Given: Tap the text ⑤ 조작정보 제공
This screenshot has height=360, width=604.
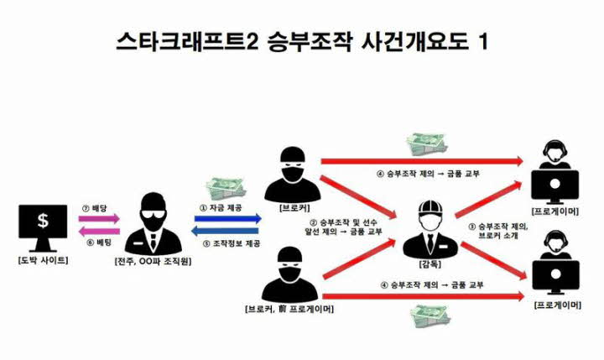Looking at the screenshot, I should [227, 243].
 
